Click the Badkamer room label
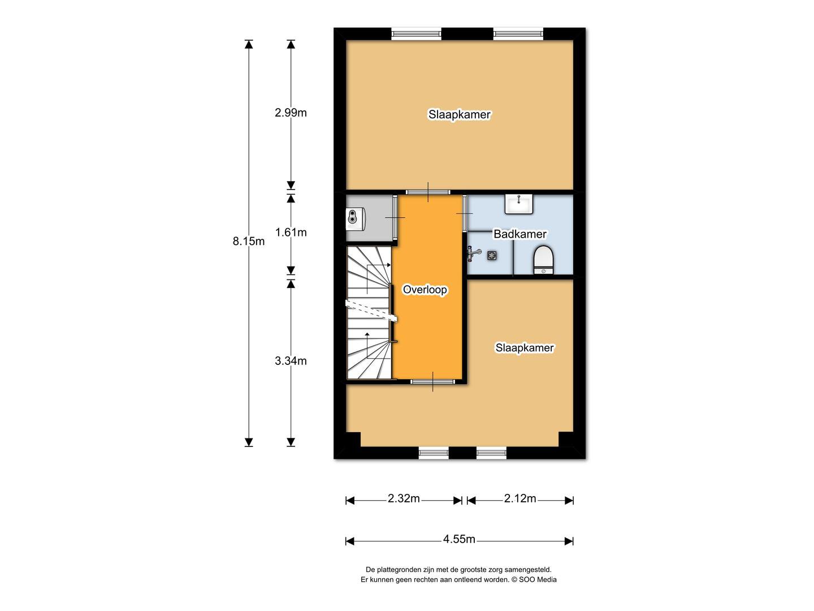pyautogui.click(x=519, y=234)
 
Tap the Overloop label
pyautogui.click(x=425, y=289)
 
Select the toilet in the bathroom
pyautogui.click(x=543, y=260)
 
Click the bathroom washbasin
pyautogui.click(x=519, y=204)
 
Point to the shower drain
pyautogui.click(x=492, y=255)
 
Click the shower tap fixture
pyautogui.click(x=474, y=254)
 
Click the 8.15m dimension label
pyautogui.click(x=249, y=242)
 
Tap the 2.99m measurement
pyautogui.click(x=291, y=113)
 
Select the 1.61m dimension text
pyautogui.click(x=291, y=232)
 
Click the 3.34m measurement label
pyautogui.click(x=291, y=360)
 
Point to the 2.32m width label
pyautogui.click(x=404, y=498)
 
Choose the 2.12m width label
pyautogui.click(x=520, y=498)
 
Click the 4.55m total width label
pyautogui.click(x=459, y=539)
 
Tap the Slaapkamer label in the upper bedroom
pyautogui.click(x=460, y=114)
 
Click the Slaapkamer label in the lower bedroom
pyautogui.click(x=525, y=347)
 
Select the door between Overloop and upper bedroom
pyautogui.click(x=428, y=192)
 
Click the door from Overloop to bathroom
pyautogui.click(x=465, y=214)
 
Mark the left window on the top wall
pyautogui.click(x=417, y=35)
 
